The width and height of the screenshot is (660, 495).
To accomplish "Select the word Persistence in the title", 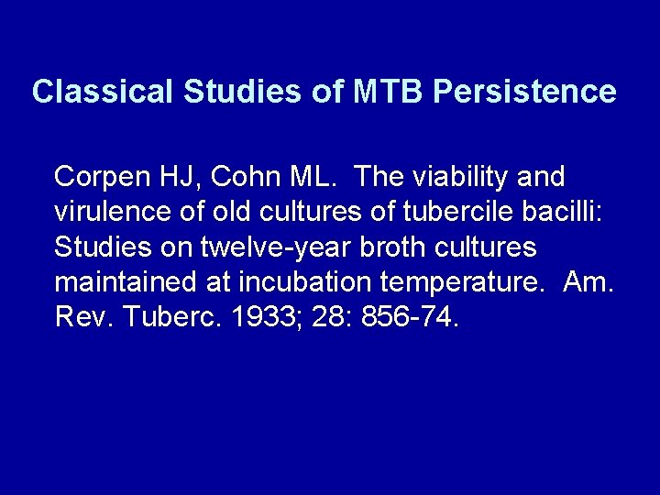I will pos(524,91).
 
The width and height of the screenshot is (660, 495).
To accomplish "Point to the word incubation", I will pos(275,282).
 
